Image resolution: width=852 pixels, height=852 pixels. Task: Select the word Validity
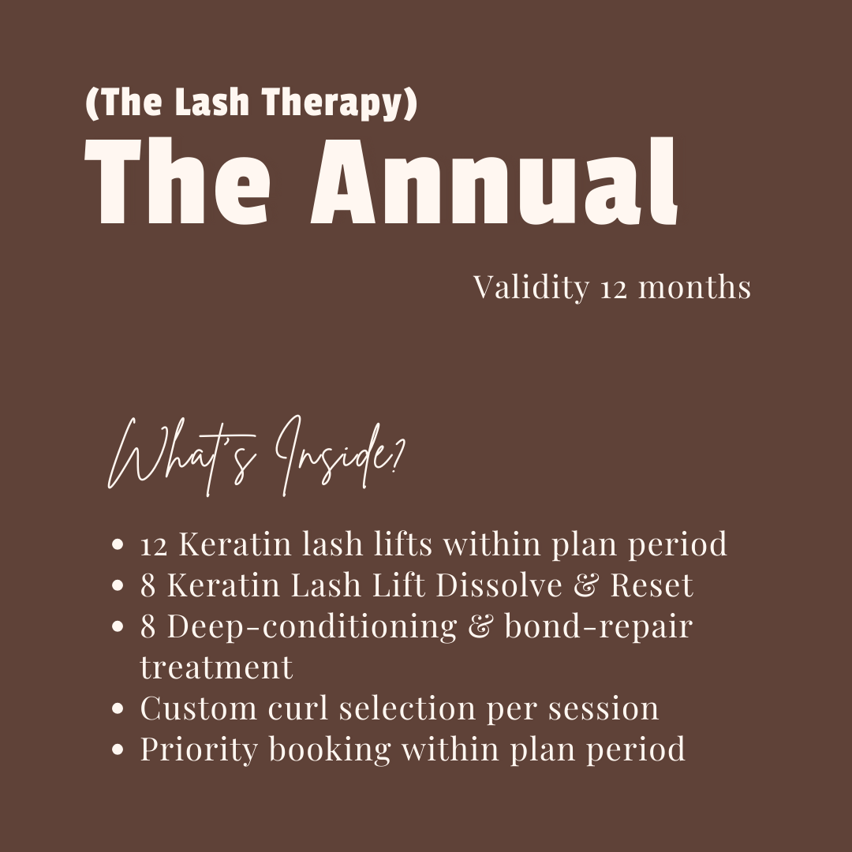(x=531, y=287)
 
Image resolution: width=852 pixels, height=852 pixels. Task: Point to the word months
(x=694, y=287)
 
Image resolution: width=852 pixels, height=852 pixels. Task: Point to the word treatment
(x=216, y=668)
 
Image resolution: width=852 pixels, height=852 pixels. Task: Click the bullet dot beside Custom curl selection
(x=118, y=709)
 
